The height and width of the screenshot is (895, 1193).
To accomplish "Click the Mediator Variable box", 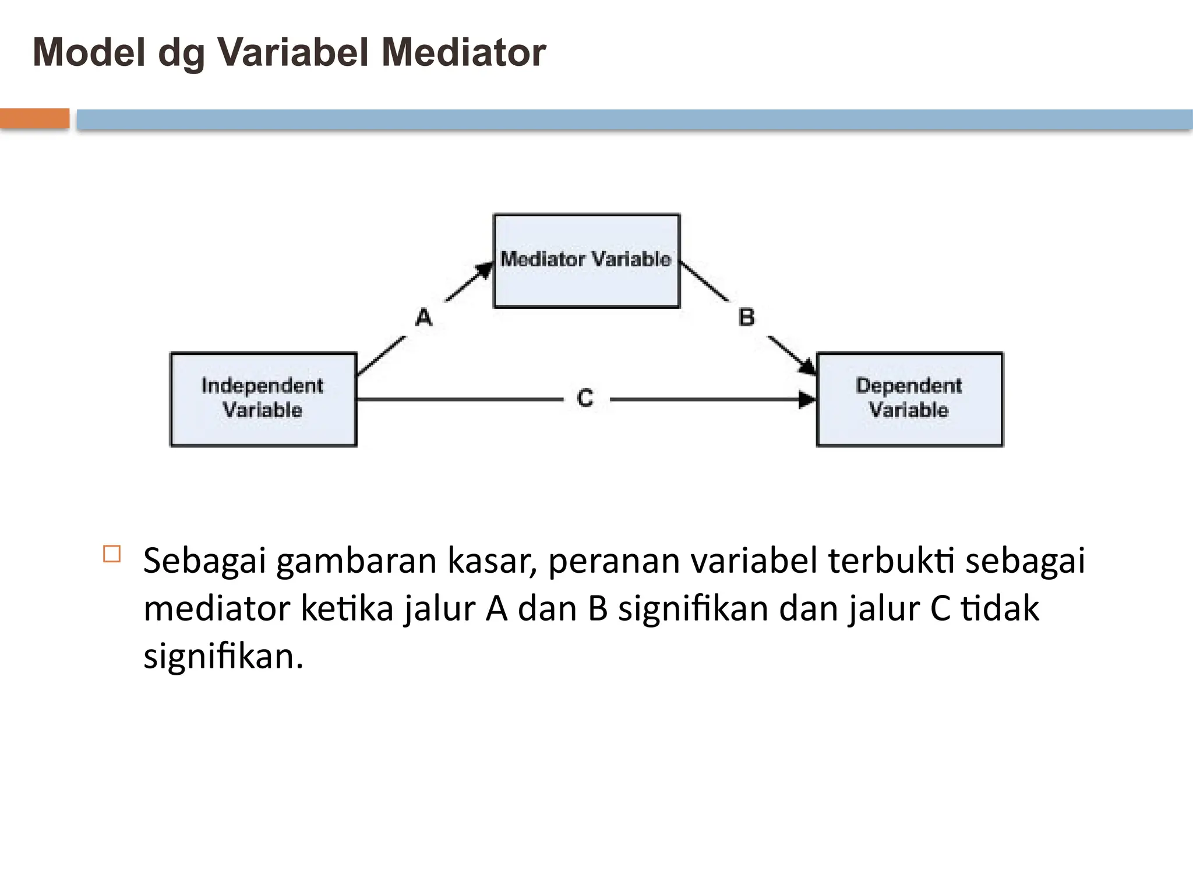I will coord(587,260).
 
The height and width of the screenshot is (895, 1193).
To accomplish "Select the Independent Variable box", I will coord(263,399).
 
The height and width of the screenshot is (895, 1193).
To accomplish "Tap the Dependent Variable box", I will coord(909,399).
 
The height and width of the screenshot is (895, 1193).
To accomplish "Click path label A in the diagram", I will coord(424,318).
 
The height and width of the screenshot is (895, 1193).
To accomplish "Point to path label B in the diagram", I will coord(747,318).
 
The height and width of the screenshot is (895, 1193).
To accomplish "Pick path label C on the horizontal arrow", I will coord(585,399).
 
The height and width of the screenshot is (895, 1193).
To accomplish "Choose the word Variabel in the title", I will coord(294,52).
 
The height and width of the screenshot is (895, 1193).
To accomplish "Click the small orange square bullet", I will coord(112,554).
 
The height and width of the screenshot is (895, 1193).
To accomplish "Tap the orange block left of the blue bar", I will coord(34,119).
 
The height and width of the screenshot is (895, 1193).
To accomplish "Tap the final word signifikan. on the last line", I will coord(224,657).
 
